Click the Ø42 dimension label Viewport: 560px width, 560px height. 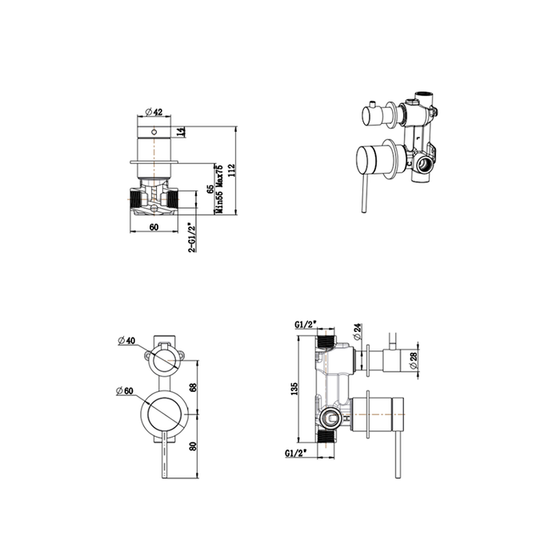(154, 112)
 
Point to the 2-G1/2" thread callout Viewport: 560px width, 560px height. (192, 238)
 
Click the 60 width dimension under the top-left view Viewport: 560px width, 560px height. (154, 227)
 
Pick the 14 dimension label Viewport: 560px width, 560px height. (182, 131)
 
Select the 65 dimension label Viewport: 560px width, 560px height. (210, 190)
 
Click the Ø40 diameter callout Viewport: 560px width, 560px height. (126, 340)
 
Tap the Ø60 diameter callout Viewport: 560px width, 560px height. (124, 391)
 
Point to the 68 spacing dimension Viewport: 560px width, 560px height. (194, 387)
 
